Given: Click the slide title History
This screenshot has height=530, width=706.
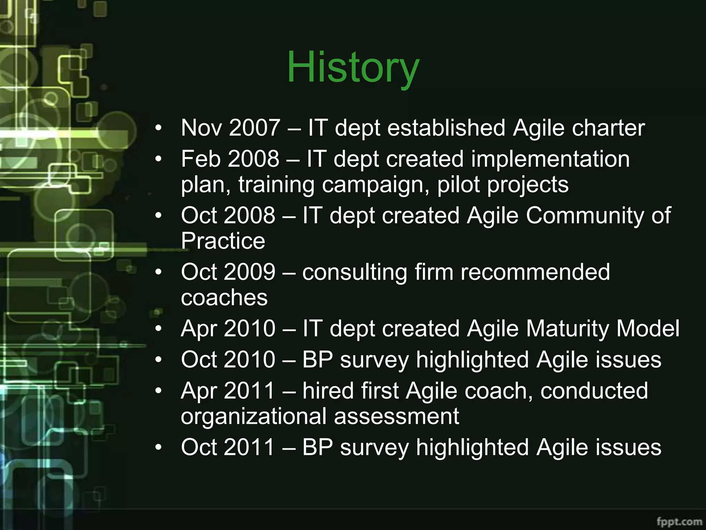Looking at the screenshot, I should tap(353, 67).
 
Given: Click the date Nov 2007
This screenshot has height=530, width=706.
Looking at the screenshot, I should tap(230, 128).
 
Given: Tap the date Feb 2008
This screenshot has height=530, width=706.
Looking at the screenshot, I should tap(230, 159).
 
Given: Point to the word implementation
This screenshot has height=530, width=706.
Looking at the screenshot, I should tap(550, 160).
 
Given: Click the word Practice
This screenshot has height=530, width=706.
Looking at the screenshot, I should tap(223, 241).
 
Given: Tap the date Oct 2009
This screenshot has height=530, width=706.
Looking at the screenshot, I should tap(228, 272).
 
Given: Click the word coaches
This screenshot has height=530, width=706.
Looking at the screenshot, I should tap(224, 297).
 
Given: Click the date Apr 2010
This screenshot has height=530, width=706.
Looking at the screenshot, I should tap(228, 328).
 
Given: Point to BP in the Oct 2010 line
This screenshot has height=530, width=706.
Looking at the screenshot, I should tap(317, 360).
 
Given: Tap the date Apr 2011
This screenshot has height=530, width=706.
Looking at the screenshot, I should tap(228, 391).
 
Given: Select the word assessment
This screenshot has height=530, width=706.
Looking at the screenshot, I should tap(396, 416).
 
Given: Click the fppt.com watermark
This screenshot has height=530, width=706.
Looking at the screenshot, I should tap(679, 521).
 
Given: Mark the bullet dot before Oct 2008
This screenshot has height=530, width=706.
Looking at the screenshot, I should tap(158, 216).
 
